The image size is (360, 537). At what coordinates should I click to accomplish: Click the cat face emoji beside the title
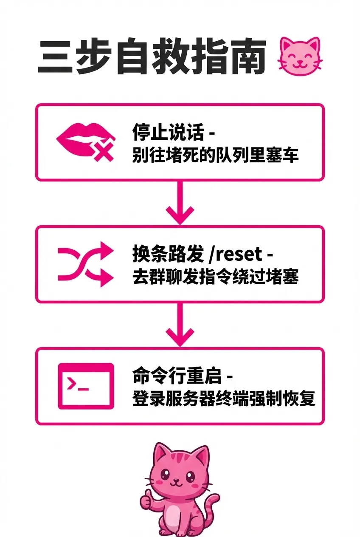tap(300, 58)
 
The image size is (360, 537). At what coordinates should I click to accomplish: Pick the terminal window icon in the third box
tap(86, 386)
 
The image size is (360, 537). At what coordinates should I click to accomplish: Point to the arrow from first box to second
tap(180, 203)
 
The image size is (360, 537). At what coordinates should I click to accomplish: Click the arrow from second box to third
tap(180, 325)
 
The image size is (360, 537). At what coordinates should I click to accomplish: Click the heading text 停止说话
tap(168, 133)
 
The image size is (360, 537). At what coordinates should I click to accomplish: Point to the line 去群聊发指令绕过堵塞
tap(215, 277)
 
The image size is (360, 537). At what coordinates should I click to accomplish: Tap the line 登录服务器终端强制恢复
tap(224, 399)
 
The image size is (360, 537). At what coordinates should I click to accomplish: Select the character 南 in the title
tap(246, 58)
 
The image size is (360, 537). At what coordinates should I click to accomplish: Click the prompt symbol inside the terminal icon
tap(73, 384)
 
